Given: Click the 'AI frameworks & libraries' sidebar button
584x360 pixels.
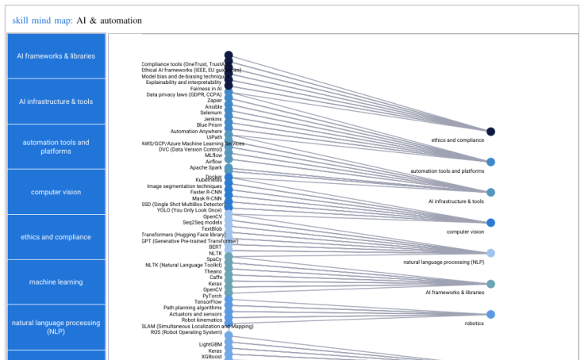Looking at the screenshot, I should (x=56, y=56).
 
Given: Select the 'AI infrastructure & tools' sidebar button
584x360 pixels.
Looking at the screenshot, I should (x=56, y=101).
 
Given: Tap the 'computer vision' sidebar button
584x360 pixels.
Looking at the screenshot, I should (x=56, y=192).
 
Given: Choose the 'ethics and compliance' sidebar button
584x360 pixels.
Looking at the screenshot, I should (x=56, y=237).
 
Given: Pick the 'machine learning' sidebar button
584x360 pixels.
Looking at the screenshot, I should (x=56, y=282).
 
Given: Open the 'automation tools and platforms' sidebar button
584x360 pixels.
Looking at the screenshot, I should (x=56, y=147).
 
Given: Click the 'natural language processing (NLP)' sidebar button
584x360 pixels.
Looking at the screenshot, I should (x=56, y=327).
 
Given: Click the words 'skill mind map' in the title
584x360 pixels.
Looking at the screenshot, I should (x=41, y=20).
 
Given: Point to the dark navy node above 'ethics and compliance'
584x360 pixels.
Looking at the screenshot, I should (x=490, y=132).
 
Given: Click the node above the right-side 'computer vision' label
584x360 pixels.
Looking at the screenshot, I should (x=490, y=223).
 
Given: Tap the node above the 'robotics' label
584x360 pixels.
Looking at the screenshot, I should (x=490, y=315).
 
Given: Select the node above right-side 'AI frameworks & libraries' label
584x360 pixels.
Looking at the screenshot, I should (x=490, y=284).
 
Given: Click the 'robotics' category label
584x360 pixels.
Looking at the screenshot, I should (x=474, y=324).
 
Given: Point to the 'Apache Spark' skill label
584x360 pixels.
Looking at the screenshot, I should (x=206, y=167).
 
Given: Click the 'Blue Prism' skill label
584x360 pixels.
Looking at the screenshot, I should (x=209, y=124).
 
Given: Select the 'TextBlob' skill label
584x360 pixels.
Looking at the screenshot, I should (x=211, y=228).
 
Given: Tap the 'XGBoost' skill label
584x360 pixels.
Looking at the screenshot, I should (x=210, y=357).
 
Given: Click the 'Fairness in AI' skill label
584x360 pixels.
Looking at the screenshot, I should (x=206, y=88).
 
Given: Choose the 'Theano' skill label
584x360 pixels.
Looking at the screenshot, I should (x=213, y=271).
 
